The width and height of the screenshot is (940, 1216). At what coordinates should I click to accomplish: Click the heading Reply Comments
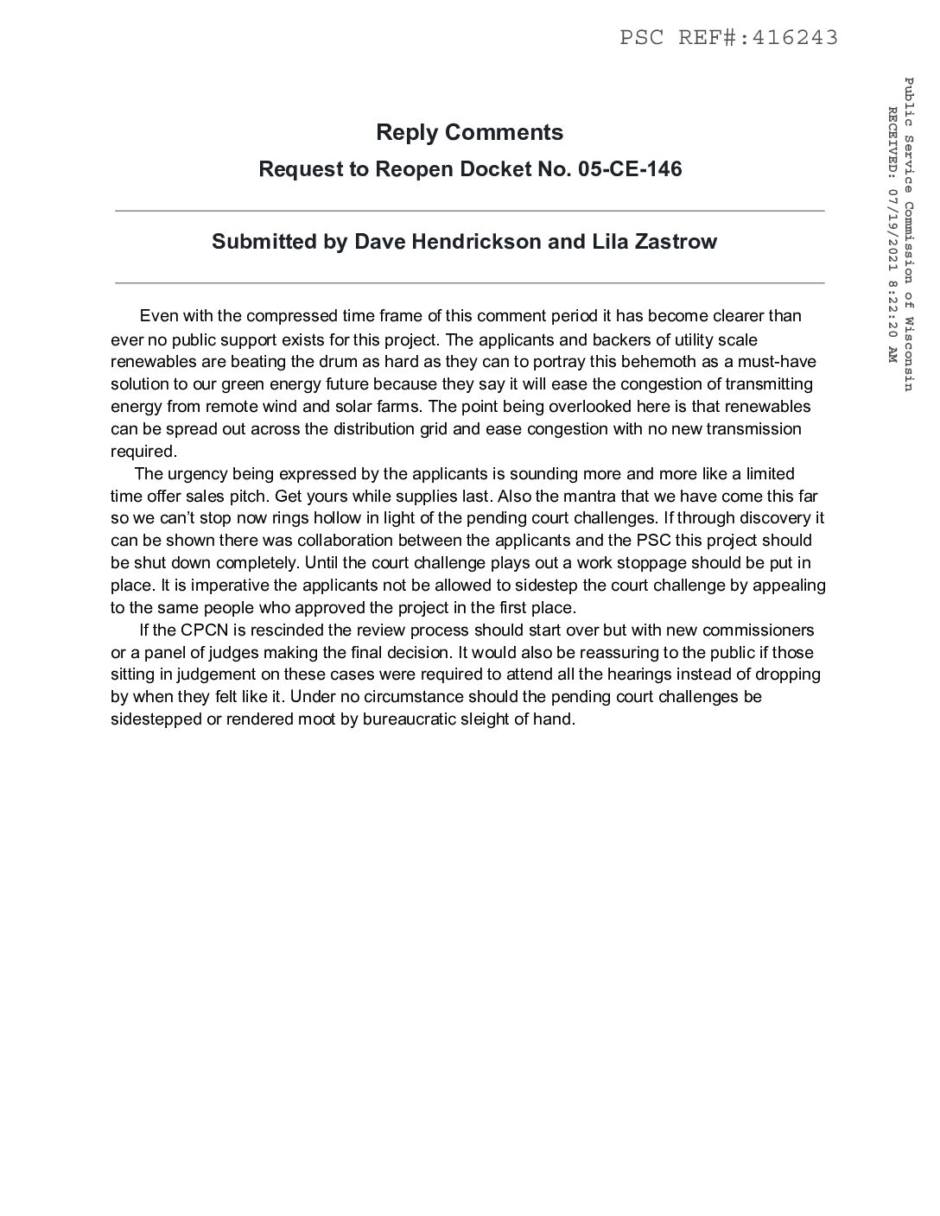click(x=469, y=132)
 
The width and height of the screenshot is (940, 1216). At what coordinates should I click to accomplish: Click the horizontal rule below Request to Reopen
click(x=469, y=211)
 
